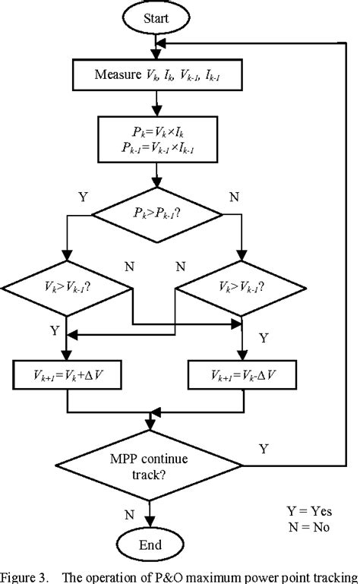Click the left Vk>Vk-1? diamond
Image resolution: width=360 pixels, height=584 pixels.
(67, 289)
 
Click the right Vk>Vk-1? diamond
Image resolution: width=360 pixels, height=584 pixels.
(242, 289)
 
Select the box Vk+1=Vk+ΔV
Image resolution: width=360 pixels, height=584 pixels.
(68, 375)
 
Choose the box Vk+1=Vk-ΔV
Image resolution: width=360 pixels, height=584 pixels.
(242, 375)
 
